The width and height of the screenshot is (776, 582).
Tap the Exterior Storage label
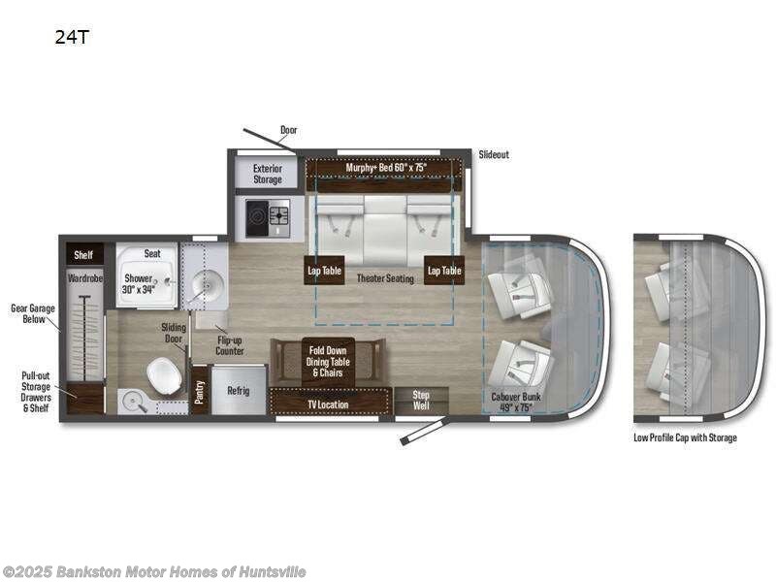pyautogui.click(x=268, y=174)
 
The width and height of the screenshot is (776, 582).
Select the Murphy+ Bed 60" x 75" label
pyautogui.click(x=386, y=168)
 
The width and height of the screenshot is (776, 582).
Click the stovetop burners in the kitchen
pyautogui.click(x=268, y=215)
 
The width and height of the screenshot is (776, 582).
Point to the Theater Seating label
pyautogui.click(x=385, y=278)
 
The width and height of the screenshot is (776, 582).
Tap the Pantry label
pyautogui.click(x=200, y=390)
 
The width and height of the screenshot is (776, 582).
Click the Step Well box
pyautogui.click(x=421, y=400)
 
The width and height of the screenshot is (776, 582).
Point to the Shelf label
pyautogui.click(x=82, y=254)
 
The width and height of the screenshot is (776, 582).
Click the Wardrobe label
pyautogui.click(x=84, y=278)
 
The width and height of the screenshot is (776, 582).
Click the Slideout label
pyautogui.click(x=494, y=154)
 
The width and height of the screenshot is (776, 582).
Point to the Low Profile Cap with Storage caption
pyautogui.click(x=686, y=437)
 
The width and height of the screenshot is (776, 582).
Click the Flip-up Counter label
pyautogui.click(x=230, y=345)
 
